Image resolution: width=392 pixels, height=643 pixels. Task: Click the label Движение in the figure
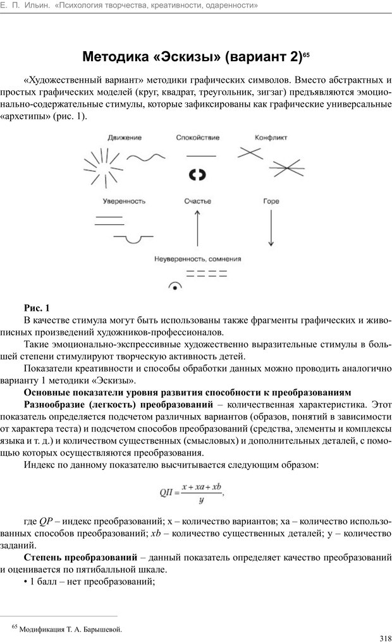(x=124, y=137)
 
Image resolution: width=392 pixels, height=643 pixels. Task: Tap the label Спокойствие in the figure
(x=198, y=137)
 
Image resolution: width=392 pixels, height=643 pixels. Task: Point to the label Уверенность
(x=124, y=202)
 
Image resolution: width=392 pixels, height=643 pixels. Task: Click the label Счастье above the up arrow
(x=198, y=202)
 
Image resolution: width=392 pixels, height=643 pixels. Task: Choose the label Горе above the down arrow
(x=271, y=202)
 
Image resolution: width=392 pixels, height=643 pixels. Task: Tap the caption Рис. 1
(x=36, y=308)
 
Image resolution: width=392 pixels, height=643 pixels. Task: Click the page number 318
(x=381, y=637)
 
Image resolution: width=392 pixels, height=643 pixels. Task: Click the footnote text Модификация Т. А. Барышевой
(x=71, y=629)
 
